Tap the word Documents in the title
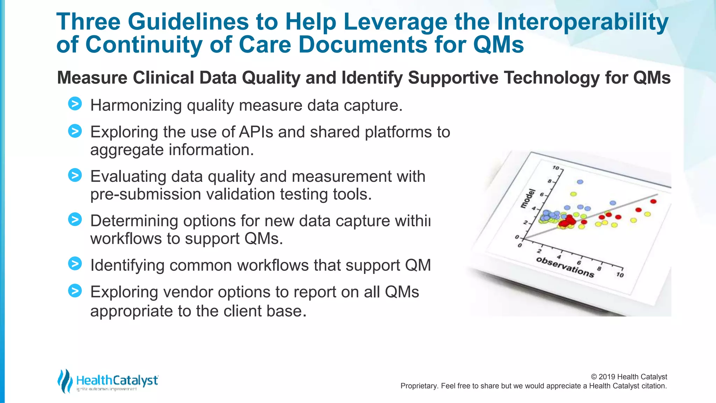[x=363, y=45]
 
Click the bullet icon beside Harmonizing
[x=75, y=104]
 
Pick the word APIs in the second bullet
[x=256, y=132]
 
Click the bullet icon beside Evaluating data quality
[x=75, y=175]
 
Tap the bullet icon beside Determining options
[x=75, y=219]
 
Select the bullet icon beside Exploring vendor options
[x=75, y=291]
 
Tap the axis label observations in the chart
[x=565, y=267]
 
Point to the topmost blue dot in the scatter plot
[x=580, y=182]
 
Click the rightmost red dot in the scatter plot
[x=653, y=201]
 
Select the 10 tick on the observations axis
[x=620, y=275]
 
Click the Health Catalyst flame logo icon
[x=65, y=381]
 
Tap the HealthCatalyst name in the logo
[x=117, y=380]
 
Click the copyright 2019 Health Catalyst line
[x=629, y=377]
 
